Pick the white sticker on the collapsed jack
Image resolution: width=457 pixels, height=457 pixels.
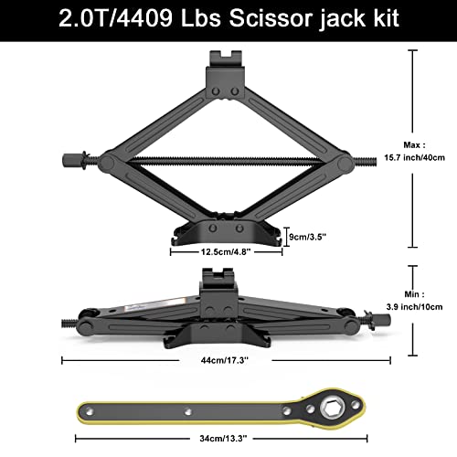[x=170, y=295]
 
